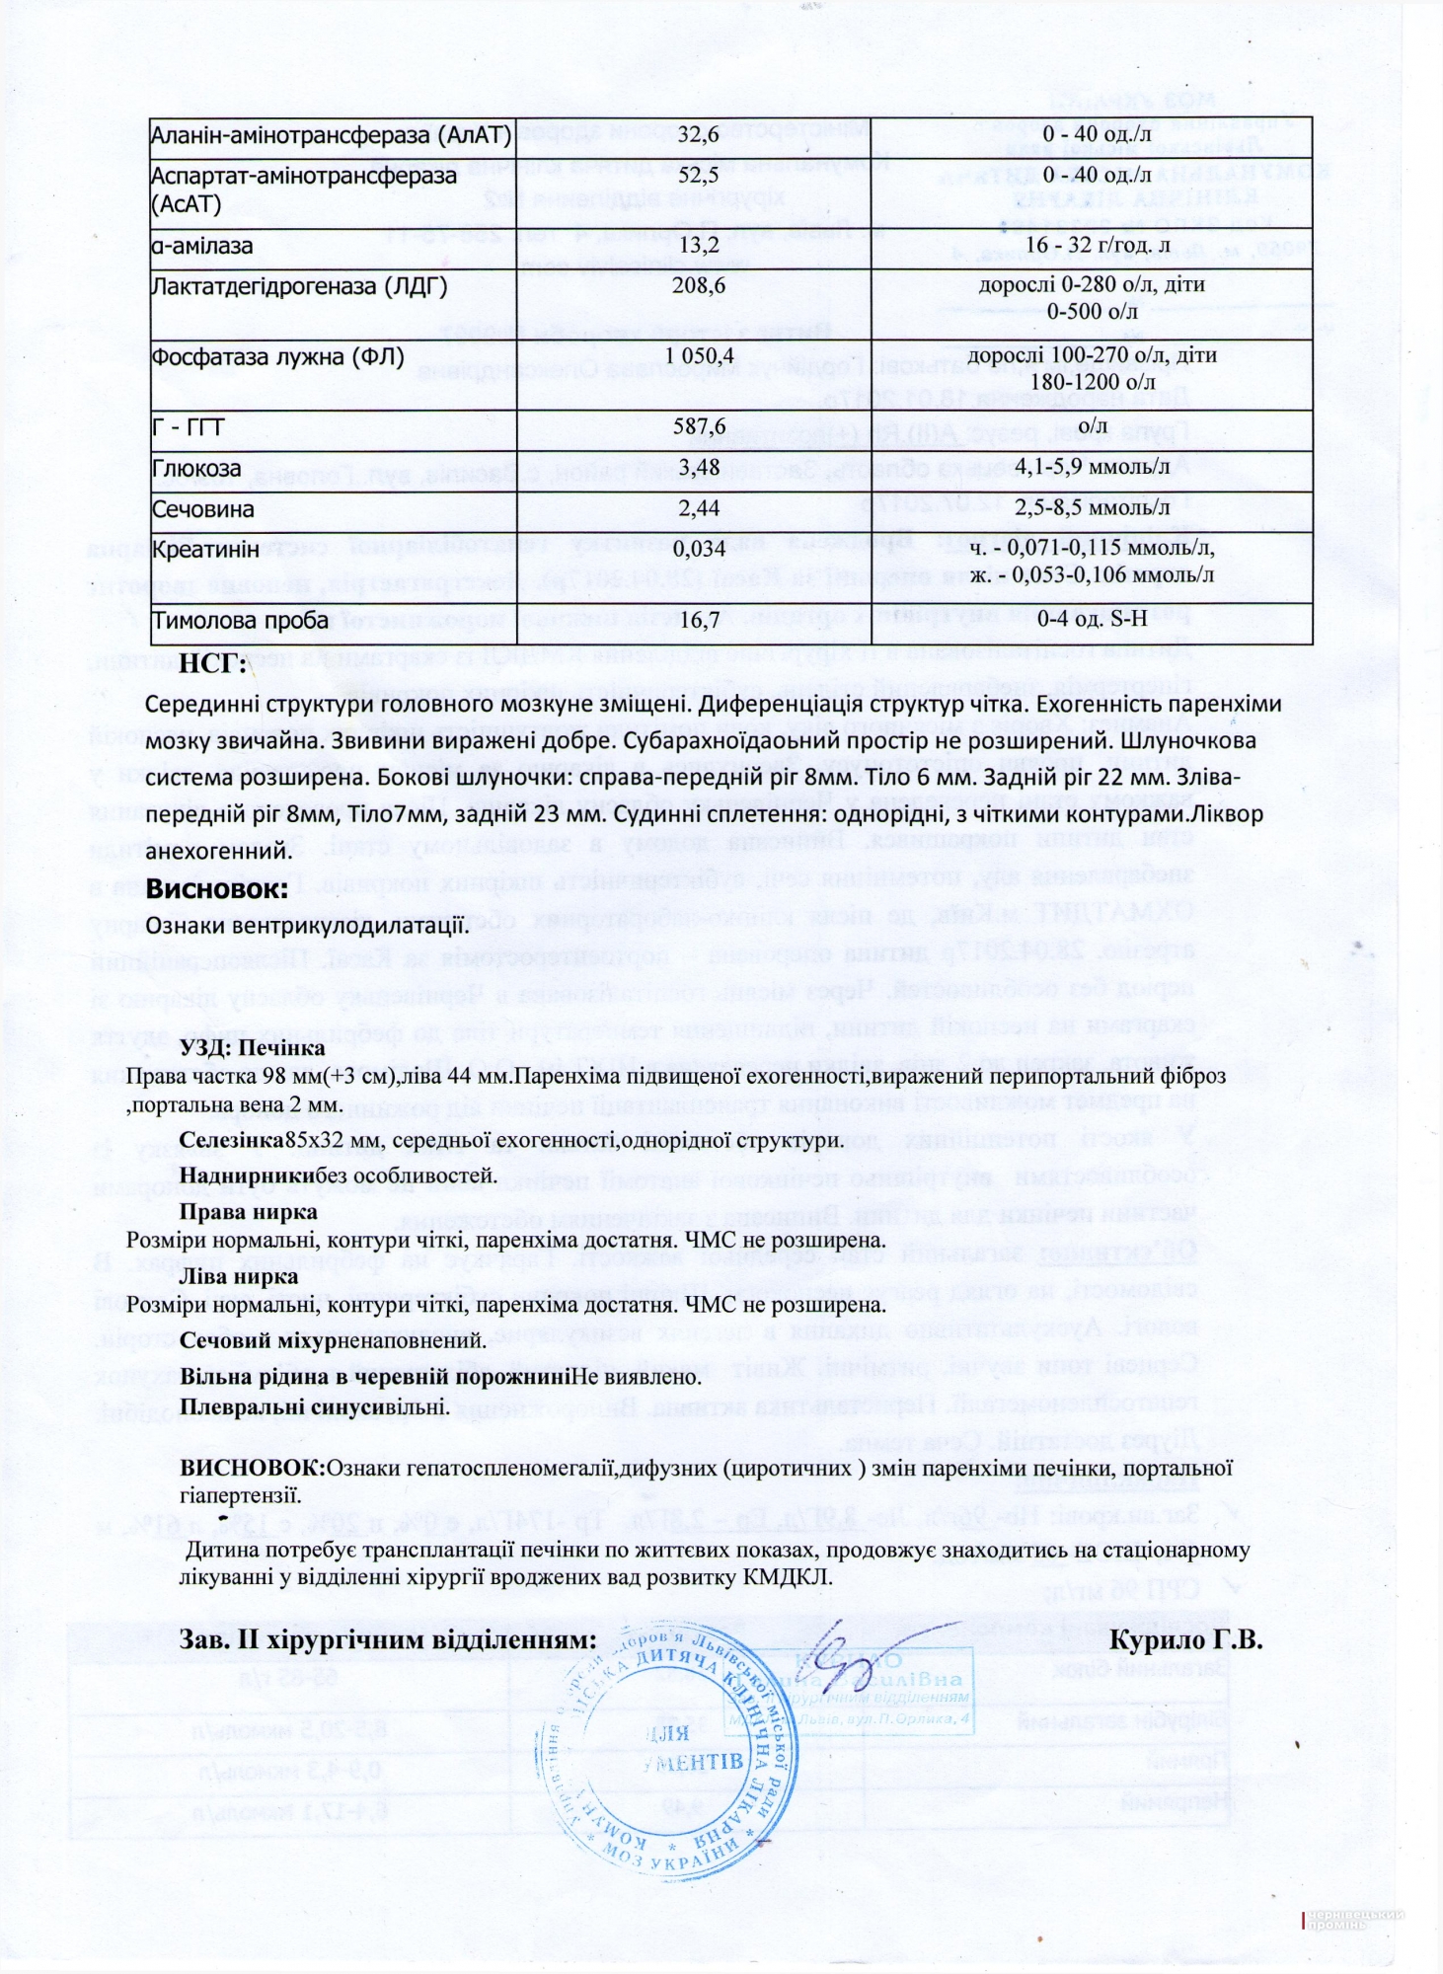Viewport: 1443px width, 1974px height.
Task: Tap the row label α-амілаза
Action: point(202,246)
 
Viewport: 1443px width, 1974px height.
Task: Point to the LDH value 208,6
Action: point(697,286)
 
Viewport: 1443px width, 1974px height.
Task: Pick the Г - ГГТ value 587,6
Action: point(697,426)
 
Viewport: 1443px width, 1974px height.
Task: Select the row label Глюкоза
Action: point(196,468)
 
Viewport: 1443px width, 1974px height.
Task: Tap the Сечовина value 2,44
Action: point(698,508)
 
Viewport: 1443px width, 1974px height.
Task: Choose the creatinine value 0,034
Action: point(698,549)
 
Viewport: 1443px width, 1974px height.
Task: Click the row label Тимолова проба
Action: point(240,621)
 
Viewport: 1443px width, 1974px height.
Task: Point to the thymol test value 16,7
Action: point(698,620)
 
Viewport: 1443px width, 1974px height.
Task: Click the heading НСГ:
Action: point(212,664)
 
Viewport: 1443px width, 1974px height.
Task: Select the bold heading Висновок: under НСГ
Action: point(217,887)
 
